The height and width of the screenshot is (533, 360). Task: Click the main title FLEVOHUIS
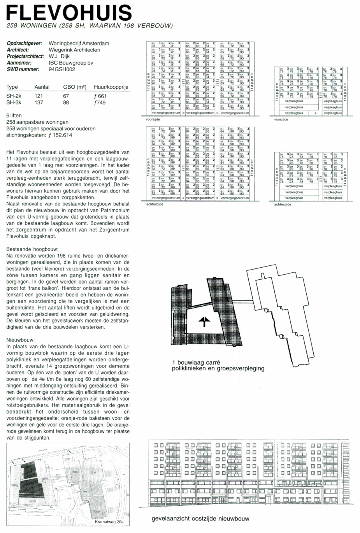69,12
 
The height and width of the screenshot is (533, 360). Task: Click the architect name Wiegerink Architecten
74,50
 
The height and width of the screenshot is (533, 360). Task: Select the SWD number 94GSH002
62,69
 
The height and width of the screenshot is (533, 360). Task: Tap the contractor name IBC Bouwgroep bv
71,63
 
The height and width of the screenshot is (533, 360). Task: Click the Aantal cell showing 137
39,103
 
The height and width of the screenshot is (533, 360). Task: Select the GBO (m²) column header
74,87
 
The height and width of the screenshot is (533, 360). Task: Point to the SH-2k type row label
14,96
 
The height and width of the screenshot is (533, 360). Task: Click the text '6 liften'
14,116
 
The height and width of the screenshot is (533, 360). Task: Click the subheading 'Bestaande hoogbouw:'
32,249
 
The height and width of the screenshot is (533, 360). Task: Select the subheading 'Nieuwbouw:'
21,340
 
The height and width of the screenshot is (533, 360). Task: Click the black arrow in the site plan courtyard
204,321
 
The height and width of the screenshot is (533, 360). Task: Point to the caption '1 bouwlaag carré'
196,363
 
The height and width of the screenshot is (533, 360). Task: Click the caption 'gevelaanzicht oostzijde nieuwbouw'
200,519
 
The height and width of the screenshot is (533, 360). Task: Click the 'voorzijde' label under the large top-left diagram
153,119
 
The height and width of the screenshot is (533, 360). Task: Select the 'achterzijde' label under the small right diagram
283,205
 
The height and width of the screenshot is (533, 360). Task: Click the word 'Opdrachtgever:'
24,44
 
